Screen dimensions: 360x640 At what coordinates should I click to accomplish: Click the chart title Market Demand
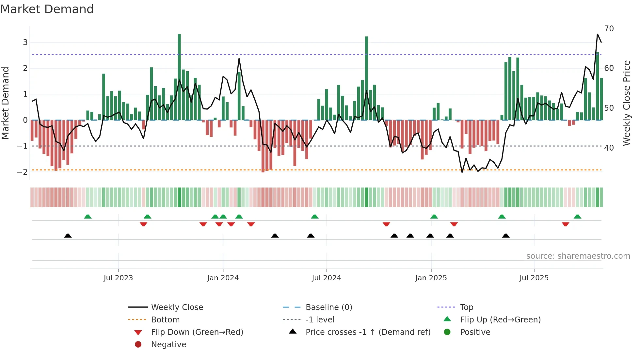click(x=47, y=9)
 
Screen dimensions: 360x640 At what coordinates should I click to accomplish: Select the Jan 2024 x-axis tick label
click(x=223, y=278)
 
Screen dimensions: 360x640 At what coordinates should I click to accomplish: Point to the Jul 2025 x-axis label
click(x=534, y=278)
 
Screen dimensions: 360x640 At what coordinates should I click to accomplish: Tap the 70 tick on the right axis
click(x=609, y=29)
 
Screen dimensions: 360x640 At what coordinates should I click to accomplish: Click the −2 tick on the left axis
click(x=22, y=172)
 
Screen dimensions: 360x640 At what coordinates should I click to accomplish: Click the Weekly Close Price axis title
click(x=626, y=103)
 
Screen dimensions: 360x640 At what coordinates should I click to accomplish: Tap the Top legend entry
click(x=467, y=307)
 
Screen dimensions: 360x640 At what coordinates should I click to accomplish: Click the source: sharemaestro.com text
click(x=578, y=256)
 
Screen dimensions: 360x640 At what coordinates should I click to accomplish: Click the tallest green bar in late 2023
click(x=179, y=77)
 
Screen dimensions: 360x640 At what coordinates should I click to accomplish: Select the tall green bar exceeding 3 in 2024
click(x=366, y=78)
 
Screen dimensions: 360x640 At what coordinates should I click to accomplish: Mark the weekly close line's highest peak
click(x=598, y=34)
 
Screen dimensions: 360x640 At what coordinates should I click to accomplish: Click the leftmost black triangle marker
click(x=68, y=236)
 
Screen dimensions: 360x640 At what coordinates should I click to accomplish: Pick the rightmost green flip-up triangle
click(x=577, y=217)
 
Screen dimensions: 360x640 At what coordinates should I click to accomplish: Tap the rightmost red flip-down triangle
click(x=566, y=224)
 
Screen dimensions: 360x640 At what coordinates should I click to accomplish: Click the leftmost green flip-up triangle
click(x=88, y=217)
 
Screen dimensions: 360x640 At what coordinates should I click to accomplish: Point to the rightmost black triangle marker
click(x=506, y=236)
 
